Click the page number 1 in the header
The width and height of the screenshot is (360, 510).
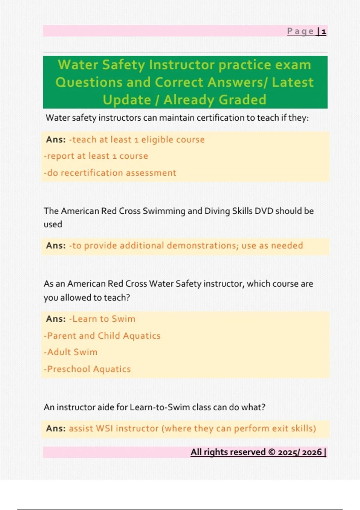tap(324, 31)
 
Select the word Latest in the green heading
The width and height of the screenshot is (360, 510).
tap(292, 82)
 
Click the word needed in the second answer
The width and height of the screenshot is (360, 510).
tap(287, 245)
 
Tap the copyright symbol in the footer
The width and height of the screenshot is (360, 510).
tap(271, 452)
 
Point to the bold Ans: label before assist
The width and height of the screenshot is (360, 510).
tap(56, 428)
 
